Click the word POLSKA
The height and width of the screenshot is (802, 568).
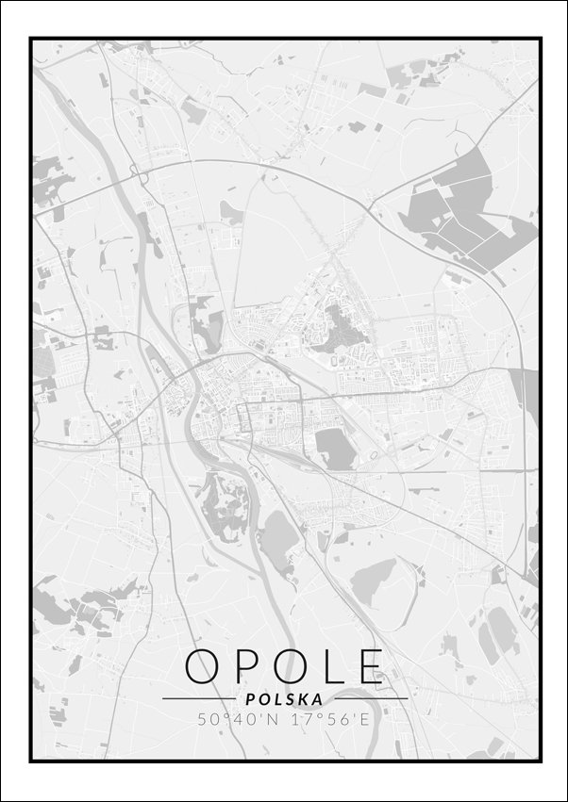tap(283, 699)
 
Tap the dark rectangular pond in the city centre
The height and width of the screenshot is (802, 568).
tap(335, 447)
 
